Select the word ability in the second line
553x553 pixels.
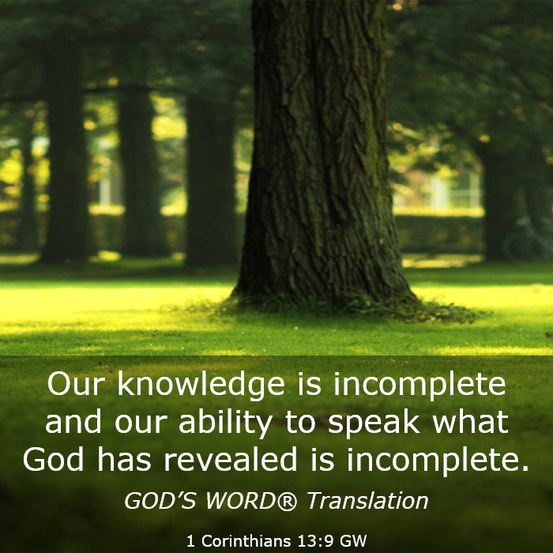click(x=226, y=423)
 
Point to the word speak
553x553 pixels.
click(x=374, y=423)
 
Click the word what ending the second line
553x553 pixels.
click(x=471, y=421)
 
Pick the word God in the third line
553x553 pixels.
click(x=54, y=460)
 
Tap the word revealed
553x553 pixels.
click(x=231, y=460)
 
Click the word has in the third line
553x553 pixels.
click(x=124, y=460)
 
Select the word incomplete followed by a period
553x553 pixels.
click(x=438, y=461)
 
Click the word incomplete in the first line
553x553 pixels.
click(x=419, y=386)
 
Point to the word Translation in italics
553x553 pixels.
click(x=368, y=501)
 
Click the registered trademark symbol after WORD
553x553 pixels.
click(x=288, y=501)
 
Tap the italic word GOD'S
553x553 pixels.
click(x=160, y=501)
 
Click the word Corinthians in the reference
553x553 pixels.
click(x=246, y=540)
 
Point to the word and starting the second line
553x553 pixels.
click(x=73, y=421)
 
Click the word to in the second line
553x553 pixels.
click(x=300, y=423)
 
